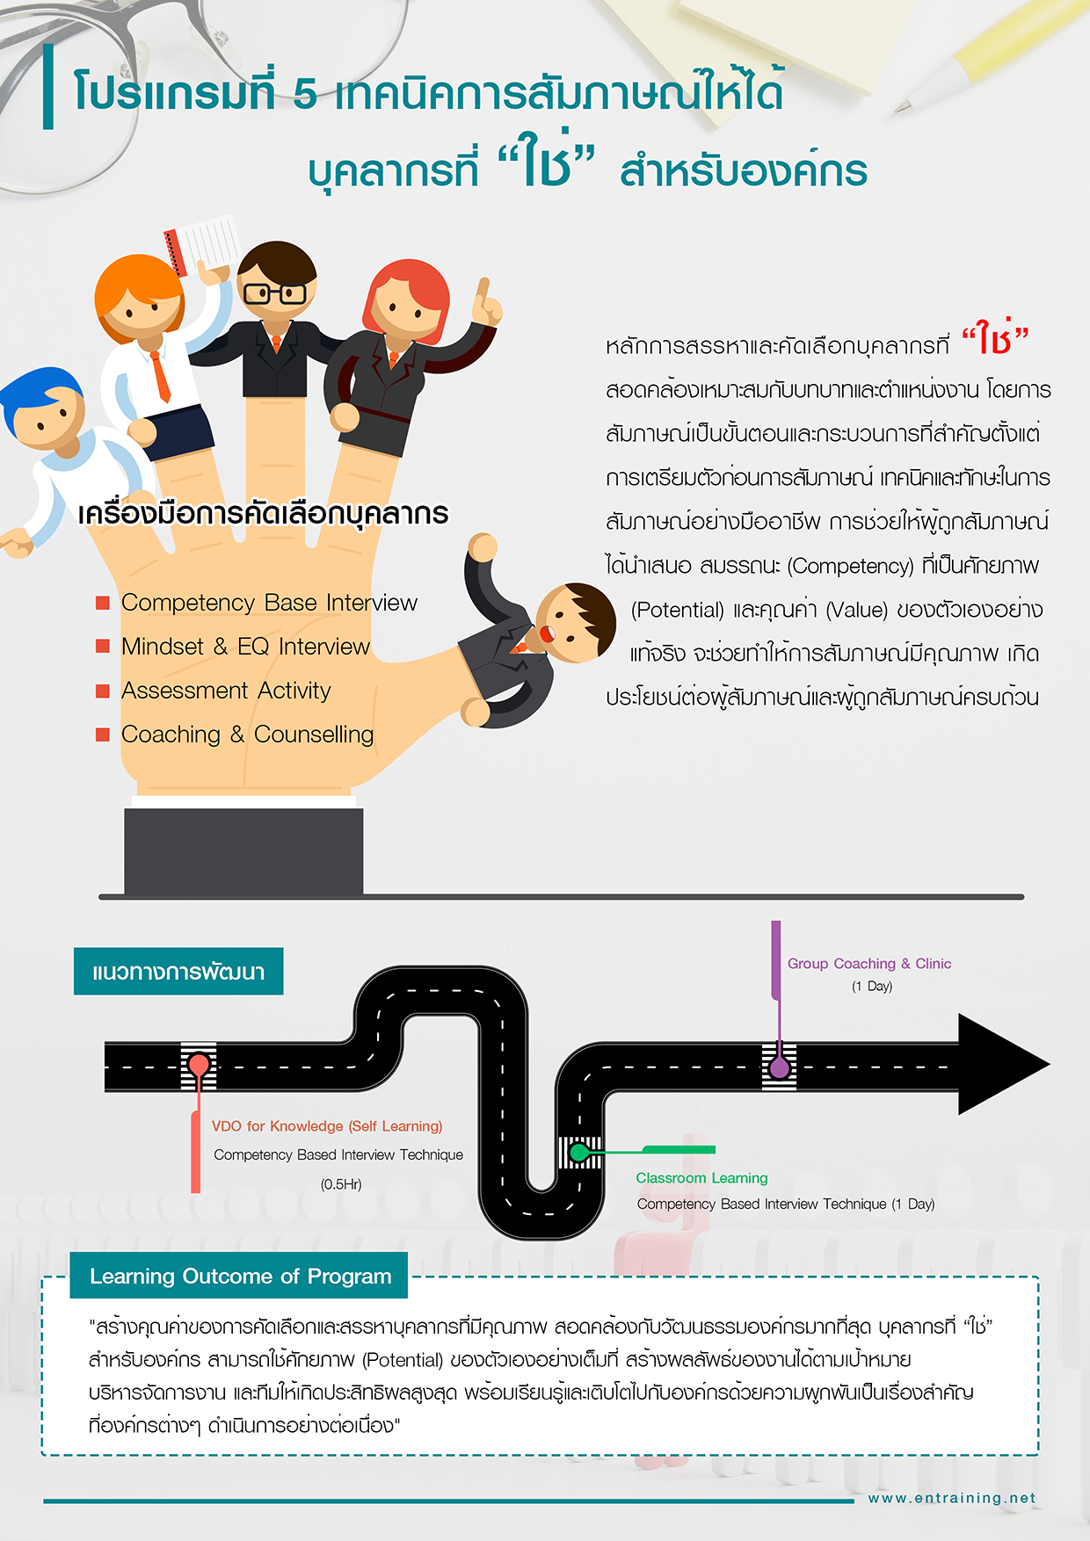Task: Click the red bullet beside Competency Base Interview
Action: tap(103, 603)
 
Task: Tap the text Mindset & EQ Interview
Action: tap(245, 647)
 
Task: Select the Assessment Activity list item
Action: tap(226, 691)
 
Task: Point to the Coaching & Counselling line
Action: tap(247, 734)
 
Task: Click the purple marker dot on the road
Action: tap(779, 1067)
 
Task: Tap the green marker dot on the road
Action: tap(578, 1151)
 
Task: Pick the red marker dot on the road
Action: tap(199, 1066)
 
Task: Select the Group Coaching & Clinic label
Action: tap(868, 964)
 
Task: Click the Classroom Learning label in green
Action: tap(701, 1178)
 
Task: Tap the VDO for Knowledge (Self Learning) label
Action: tap(327, 1126)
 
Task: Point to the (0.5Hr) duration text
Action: tap(341, 1184)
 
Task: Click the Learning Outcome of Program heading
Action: tap(240, 1277)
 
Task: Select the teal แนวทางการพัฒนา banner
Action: tap(178, 972)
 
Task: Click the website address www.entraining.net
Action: tap(952, 1498)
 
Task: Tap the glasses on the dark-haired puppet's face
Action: tap(275, 293)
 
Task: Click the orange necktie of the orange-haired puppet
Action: tap(160, 376)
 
